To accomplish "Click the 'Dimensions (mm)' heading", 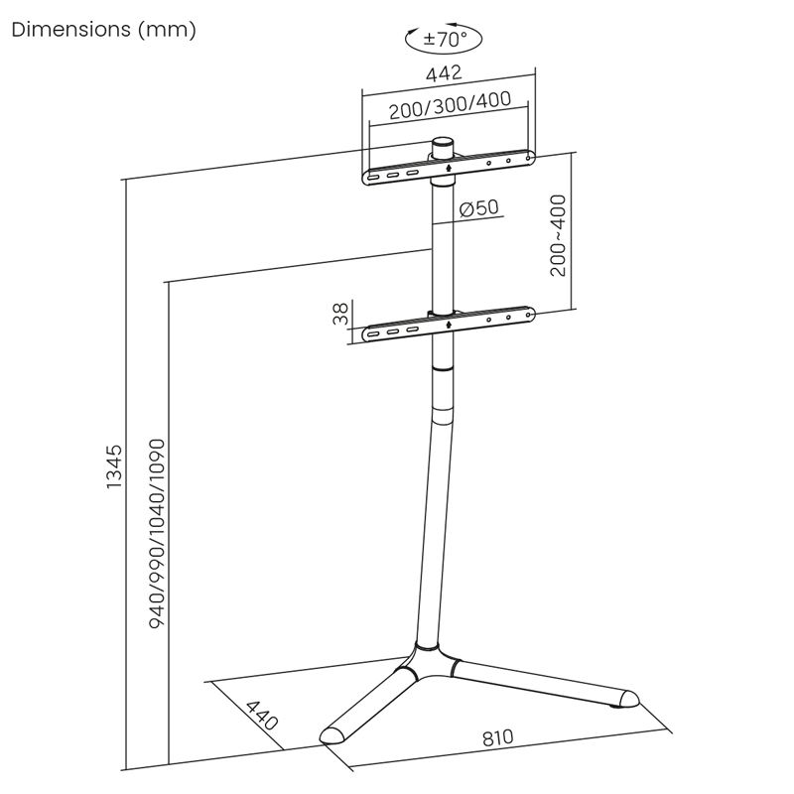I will click(x=103, y=30).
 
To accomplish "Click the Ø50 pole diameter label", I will click(x=479, y=208).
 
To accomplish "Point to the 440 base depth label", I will click(x=261, y=717).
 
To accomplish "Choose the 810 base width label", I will click(x=498, y=738).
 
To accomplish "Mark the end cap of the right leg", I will click(x=627, y=699).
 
